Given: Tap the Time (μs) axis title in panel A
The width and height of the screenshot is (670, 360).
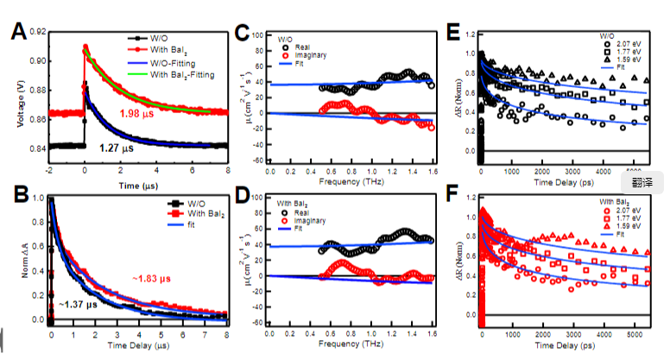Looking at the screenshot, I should click(x=139, y=186).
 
